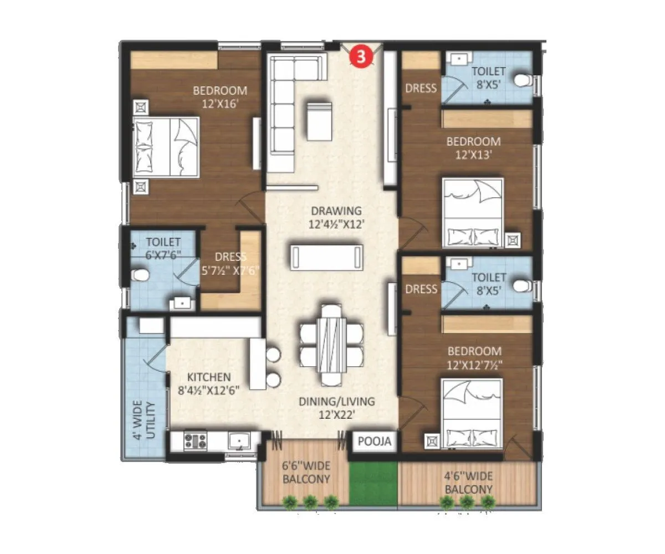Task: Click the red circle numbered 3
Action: pos(361,57)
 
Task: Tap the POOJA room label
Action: pos(375,442)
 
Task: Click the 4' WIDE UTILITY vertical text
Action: pos(146,420)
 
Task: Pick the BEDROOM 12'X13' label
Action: pos(473,148)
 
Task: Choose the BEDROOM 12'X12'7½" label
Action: pos(474,358)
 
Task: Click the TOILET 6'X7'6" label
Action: pos(163,248)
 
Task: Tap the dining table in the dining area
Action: pos(331,345)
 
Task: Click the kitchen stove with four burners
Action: pos(195,442)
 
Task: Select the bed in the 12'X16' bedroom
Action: pos(166,147)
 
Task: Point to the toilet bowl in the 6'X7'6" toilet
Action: pos(139,275)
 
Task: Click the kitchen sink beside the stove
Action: pos(240,441)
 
